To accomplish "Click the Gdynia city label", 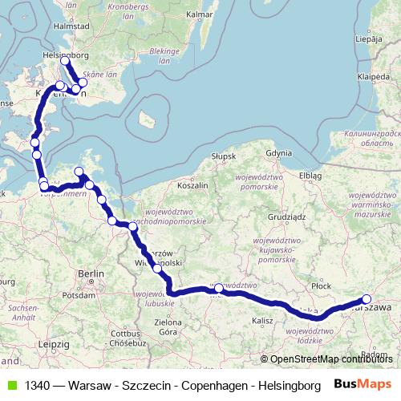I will click(279, 152).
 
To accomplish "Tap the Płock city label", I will click(322, 285).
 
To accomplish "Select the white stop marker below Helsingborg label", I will click(65, 61).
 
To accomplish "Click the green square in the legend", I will click(10, 384).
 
